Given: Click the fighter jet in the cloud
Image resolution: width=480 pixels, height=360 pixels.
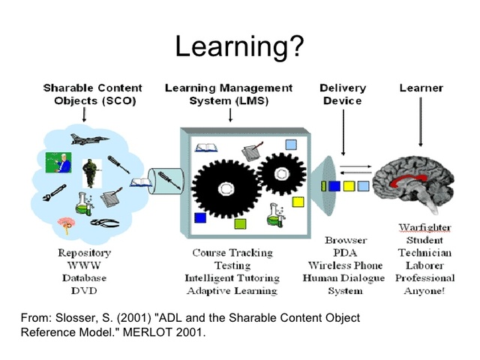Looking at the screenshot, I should click(85, 139).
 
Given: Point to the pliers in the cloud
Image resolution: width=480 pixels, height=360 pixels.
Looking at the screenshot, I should click(105, 223).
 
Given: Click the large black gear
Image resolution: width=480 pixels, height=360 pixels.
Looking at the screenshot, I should click(225, 187).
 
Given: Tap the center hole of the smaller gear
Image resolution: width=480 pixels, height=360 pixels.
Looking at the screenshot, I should click(281, 172).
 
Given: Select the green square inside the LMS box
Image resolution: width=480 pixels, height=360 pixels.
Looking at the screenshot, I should click(240, 223).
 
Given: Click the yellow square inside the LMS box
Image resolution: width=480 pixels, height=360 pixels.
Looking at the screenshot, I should click(298, 201).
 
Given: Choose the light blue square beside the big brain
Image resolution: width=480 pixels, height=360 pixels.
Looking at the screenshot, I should click(363, 184).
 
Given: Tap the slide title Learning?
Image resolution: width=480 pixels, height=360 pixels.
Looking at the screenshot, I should click(239, 46).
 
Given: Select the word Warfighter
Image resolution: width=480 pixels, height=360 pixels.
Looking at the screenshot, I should click(424, 227).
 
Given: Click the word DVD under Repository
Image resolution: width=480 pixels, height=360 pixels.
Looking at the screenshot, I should click(85, 290).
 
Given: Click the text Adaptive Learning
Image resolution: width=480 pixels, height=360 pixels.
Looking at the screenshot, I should click(232, 290).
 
